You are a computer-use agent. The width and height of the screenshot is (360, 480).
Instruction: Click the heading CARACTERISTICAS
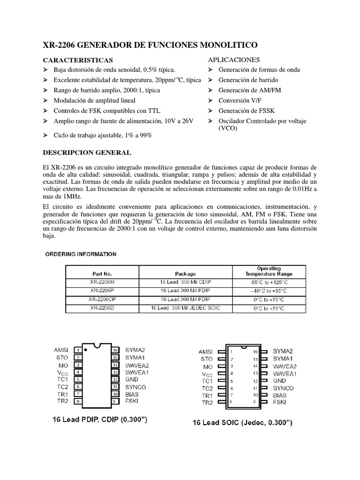tap(78, 60)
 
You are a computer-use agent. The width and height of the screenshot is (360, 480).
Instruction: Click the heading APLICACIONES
tap(233, 60)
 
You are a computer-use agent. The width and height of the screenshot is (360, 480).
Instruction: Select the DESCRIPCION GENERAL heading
tap(87, 153)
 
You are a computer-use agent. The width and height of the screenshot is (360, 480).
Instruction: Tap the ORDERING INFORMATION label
tap(81, 254)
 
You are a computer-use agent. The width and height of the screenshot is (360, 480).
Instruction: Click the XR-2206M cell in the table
tap(102, 283)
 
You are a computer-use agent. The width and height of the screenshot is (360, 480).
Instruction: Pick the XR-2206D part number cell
tap(102, 308)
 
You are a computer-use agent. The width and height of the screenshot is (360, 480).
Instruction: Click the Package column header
tap(185, 274)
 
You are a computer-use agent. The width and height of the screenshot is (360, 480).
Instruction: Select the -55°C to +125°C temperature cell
tap(269, 283)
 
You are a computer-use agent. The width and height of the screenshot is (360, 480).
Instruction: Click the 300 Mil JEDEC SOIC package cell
tap(185, 308)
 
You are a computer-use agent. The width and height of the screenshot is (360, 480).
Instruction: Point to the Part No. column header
tap(102, 274)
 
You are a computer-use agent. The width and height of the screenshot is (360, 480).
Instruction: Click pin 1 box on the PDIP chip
tap(79, 350)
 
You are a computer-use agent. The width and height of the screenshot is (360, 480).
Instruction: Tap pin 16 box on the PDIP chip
tap(115, 350)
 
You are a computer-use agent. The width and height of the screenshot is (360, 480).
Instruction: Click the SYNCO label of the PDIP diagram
tap(135, 387)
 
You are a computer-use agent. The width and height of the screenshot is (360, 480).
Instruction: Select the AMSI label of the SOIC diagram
tap(205, 352)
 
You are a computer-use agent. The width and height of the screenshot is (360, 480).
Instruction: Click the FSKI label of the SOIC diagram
tap(279, 402)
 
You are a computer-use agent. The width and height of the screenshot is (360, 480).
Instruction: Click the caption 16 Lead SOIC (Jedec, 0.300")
tap(243, 422)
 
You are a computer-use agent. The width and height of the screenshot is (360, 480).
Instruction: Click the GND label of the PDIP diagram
tap(132, 379)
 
